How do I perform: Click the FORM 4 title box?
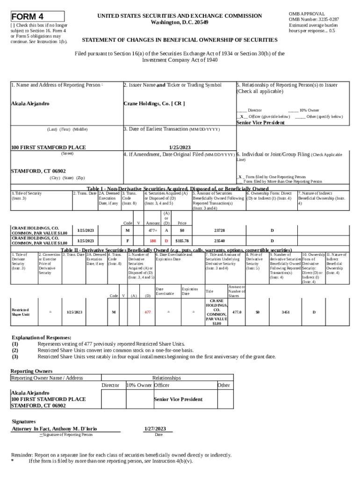(x=37, y=16)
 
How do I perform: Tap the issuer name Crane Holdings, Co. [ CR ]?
(x=154, y=103)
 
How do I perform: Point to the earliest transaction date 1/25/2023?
(x=179, y=147)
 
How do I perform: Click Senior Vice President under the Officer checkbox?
(x=260, y=123)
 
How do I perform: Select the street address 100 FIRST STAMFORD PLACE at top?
(x=48, y=147)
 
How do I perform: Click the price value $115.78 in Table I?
(x=182, y=240)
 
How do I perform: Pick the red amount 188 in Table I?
(x=152, y=240)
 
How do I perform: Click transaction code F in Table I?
(x=127, y=240)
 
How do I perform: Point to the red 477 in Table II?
(x=147, y=312)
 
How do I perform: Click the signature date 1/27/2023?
(x=155, y=428)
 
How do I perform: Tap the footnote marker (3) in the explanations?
(x=15, y=356)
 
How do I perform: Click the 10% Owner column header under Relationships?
(x=138, y=385)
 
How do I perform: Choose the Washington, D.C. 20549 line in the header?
(x=180, y=22)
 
